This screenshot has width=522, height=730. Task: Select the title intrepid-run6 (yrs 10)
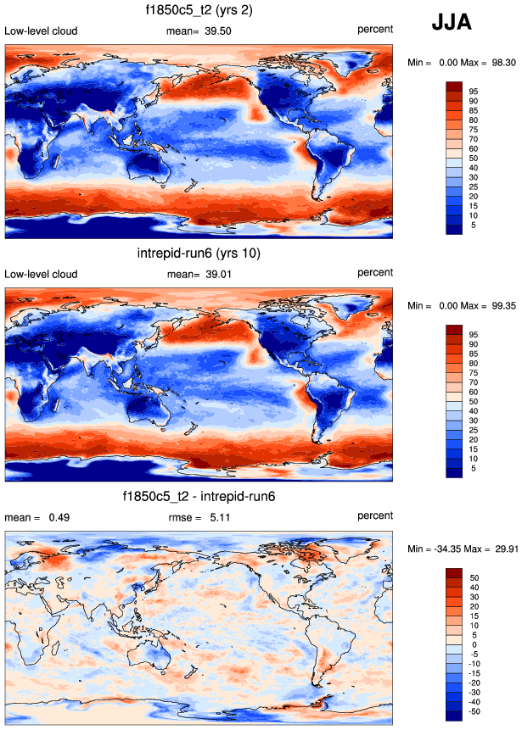[x=200, y=254]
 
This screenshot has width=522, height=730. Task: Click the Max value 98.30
[x=499, y=63]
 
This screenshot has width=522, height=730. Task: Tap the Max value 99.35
[x=499, y=305]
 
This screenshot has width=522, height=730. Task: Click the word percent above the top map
[x=375, y=29]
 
